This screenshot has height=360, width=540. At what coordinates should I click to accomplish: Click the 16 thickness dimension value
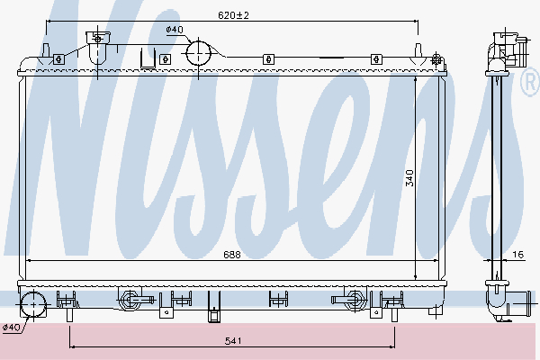tap(517, 255)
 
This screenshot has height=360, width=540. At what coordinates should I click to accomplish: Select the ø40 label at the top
tap(174, 31)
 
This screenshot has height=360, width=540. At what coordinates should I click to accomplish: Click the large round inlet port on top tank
tap(198, 53)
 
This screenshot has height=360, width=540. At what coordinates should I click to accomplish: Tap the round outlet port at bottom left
tap(34, 304)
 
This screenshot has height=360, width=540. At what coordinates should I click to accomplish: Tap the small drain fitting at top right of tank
tap(437, 60)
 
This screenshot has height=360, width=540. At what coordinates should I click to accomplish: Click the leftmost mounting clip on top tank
tap(58, 59)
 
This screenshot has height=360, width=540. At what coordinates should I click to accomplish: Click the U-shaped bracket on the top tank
tap(147, 58)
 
